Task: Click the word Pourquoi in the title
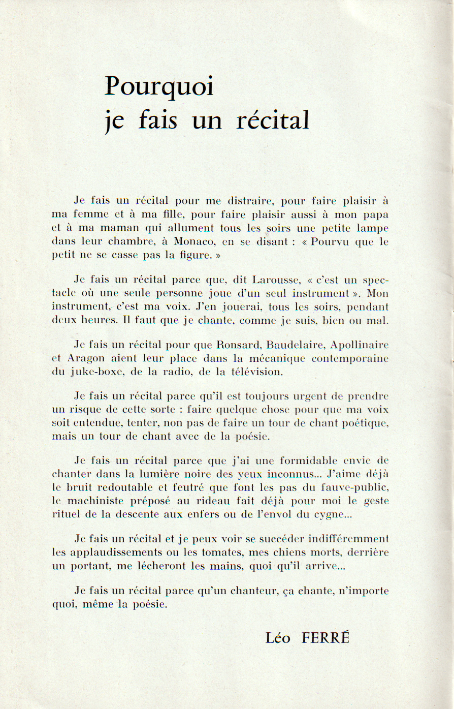coord(159,87)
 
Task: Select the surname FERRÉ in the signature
coord(326,638)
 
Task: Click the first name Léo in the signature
coord(278,638)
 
